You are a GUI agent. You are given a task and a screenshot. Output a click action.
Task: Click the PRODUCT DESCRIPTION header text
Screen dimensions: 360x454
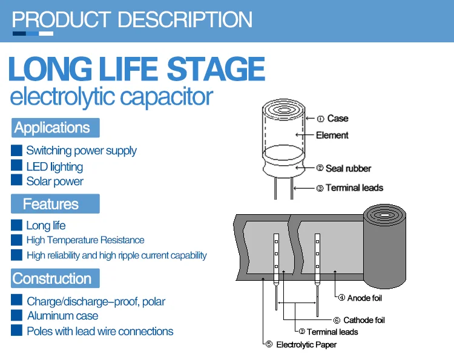(x=132, y=19)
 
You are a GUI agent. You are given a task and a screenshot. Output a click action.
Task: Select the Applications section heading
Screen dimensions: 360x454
(x=52, y=128)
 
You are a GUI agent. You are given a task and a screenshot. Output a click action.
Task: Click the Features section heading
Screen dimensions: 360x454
(x=51, y=204)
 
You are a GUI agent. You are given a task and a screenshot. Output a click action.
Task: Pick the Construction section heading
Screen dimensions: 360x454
(x=52, y=279)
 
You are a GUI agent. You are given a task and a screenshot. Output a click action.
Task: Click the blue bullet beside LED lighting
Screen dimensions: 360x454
(x=17, y=165)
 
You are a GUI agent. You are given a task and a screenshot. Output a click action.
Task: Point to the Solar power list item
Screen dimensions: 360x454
(x=54, y=181)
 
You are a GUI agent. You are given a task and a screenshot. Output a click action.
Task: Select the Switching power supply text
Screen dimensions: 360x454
(x=81, y=150)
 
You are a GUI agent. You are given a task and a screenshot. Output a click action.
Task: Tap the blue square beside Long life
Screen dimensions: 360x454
(x=17, y=225)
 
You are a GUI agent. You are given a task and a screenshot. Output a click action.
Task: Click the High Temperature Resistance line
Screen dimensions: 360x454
(x=85, y=240)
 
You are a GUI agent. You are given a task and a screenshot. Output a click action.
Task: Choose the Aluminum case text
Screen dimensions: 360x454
(x=62, y=315)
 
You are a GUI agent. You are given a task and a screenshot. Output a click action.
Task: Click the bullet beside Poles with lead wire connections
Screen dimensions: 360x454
(x=17, y=331)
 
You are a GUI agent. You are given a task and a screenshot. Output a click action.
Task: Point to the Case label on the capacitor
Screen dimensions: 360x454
(x=337, y=119)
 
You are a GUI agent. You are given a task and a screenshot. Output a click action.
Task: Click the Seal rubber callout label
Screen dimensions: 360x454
(x=348, y=168)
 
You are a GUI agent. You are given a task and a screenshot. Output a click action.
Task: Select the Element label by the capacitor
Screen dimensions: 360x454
(x=332, y=135)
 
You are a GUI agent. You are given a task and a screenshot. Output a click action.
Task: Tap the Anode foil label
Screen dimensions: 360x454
(x=364, y=298)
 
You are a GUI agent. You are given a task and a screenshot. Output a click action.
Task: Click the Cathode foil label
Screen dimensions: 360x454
(x=364, y=320)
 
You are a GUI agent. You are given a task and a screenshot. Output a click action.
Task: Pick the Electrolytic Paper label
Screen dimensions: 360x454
(x=306, y=345)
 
